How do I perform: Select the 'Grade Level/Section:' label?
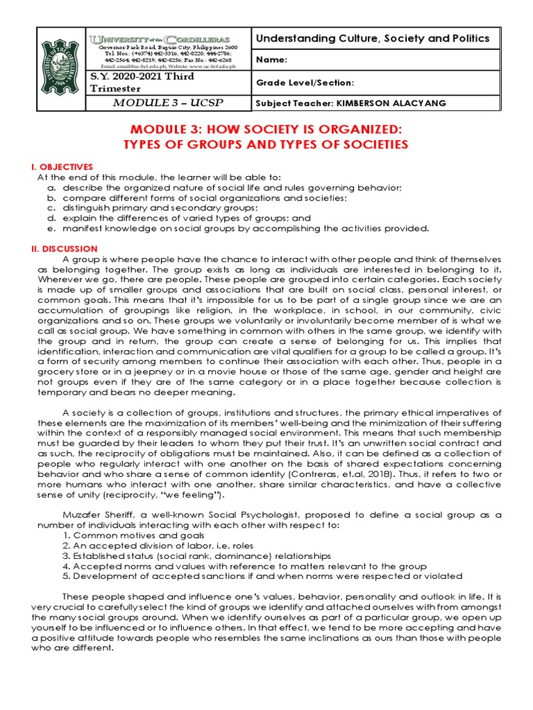coord(305,83)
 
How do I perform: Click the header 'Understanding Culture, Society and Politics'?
coord(373,39)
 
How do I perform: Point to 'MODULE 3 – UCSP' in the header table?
coord(168,103)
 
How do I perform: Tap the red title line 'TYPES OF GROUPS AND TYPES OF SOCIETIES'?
coord(266,144)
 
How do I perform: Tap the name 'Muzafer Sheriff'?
coord(95,515)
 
